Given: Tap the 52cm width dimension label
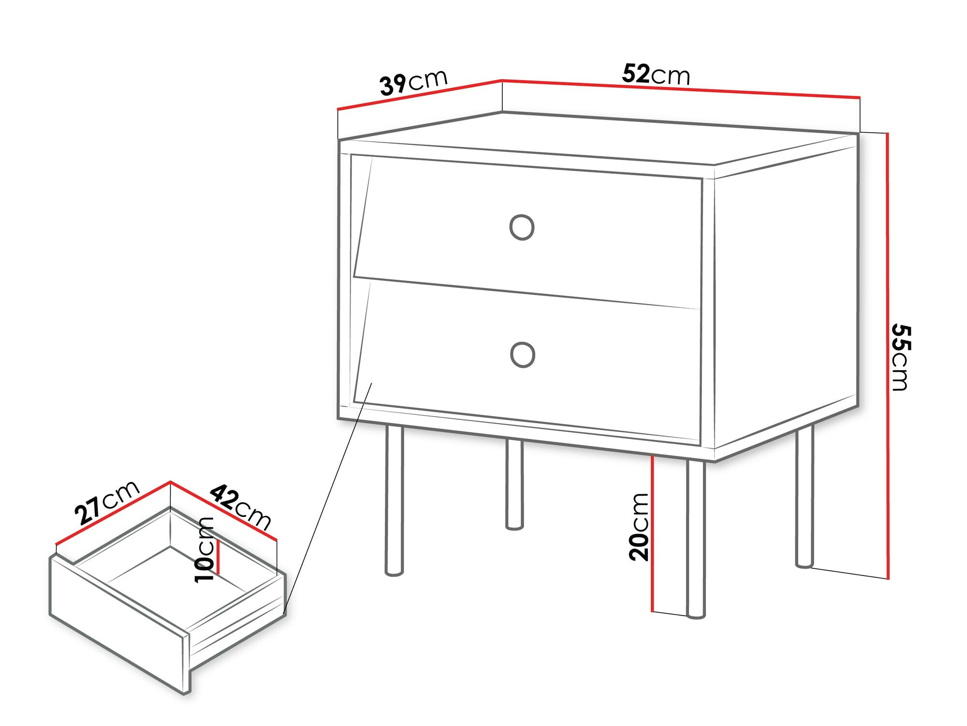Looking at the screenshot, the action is (x=656, y=74).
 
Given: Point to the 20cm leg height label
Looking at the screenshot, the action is (x=639, y=527).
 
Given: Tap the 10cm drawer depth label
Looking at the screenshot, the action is (x=204, y=550).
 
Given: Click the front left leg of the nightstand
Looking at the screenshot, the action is (x=394, y=501).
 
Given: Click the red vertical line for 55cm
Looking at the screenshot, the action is (x=887, y=356).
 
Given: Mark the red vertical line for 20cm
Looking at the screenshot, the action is (x=652, y=534).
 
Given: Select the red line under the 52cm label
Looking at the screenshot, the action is (x=681, y=89).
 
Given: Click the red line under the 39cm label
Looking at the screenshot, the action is (x=419, y=94).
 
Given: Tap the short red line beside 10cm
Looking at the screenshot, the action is (x=218, y=557).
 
